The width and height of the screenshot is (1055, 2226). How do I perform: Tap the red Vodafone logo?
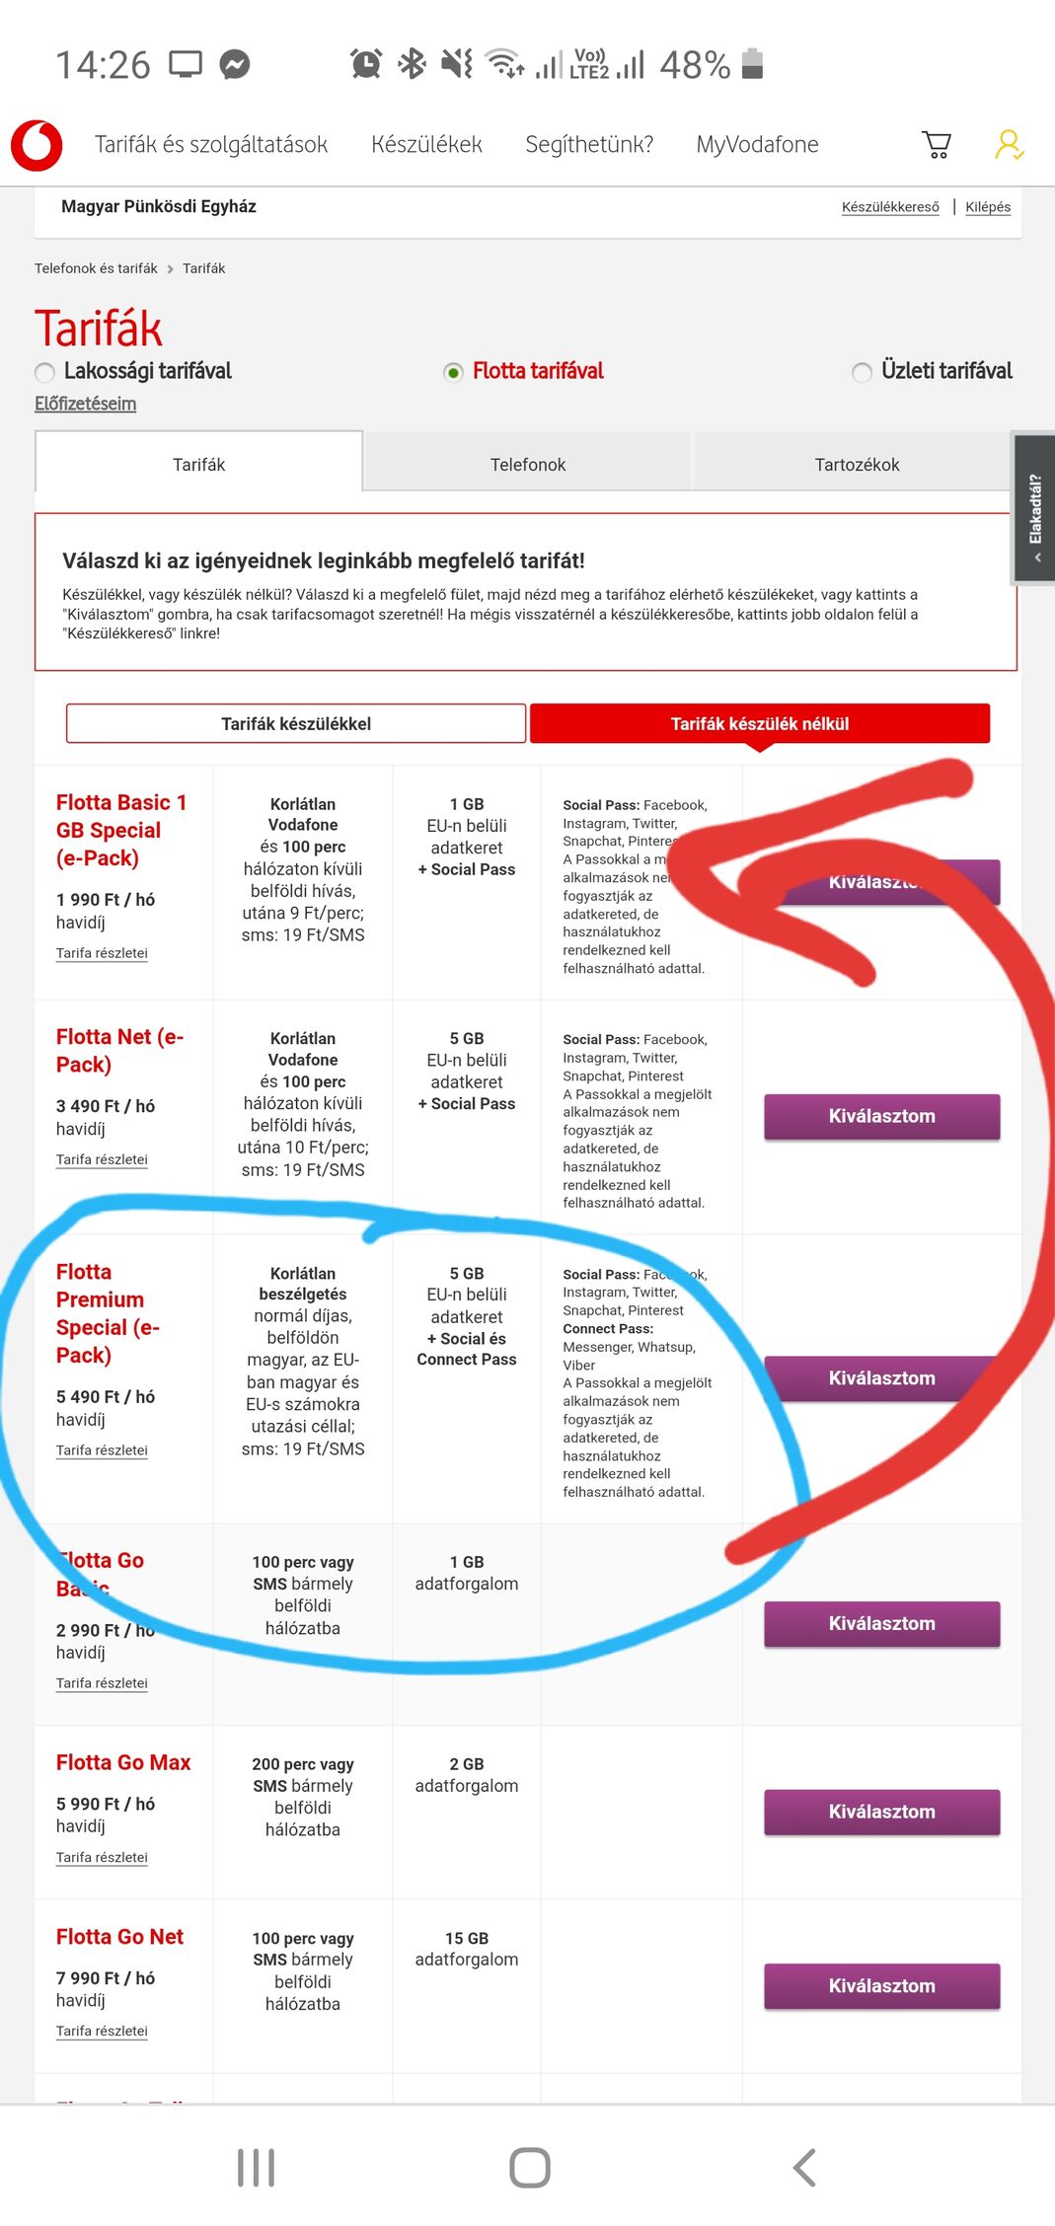(x=37, y=145)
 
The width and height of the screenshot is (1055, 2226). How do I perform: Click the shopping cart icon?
(x=936, y=145)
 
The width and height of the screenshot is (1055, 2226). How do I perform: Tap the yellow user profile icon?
(x=1008, y=145)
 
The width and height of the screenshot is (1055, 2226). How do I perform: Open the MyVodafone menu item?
(x=757, y=145)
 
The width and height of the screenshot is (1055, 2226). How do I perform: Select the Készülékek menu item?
(x=426, y=145)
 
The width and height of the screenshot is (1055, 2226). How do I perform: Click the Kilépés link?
(x=987, y=207)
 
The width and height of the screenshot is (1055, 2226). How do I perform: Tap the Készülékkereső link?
(x=890, y=207)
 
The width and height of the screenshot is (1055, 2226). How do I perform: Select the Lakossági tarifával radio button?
(x=45, y=373)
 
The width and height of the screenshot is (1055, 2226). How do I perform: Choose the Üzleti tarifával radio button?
(x=863, y=373)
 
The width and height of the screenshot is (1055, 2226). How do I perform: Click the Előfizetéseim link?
(x=86, y=404)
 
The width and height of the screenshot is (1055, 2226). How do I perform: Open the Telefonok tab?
(x=528, y=465)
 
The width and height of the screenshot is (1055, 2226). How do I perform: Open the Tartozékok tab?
(x=857, y=465)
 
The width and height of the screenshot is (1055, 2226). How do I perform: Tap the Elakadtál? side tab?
(x=1034, y=509)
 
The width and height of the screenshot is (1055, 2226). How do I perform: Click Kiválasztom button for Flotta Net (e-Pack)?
(x=881, y=1117)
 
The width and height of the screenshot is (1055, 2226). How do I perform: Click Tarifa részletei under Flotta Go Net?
(x=102, y=2031)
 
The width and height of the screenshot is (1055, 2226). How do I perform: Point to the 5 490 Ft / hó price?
(x=106, y=1397)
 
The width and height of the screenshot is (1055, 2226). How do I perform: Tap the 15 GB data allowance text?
(x=467, y=1938)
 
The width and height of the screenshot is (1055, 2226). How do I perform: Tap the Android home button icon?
(x=529, y=2168)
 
